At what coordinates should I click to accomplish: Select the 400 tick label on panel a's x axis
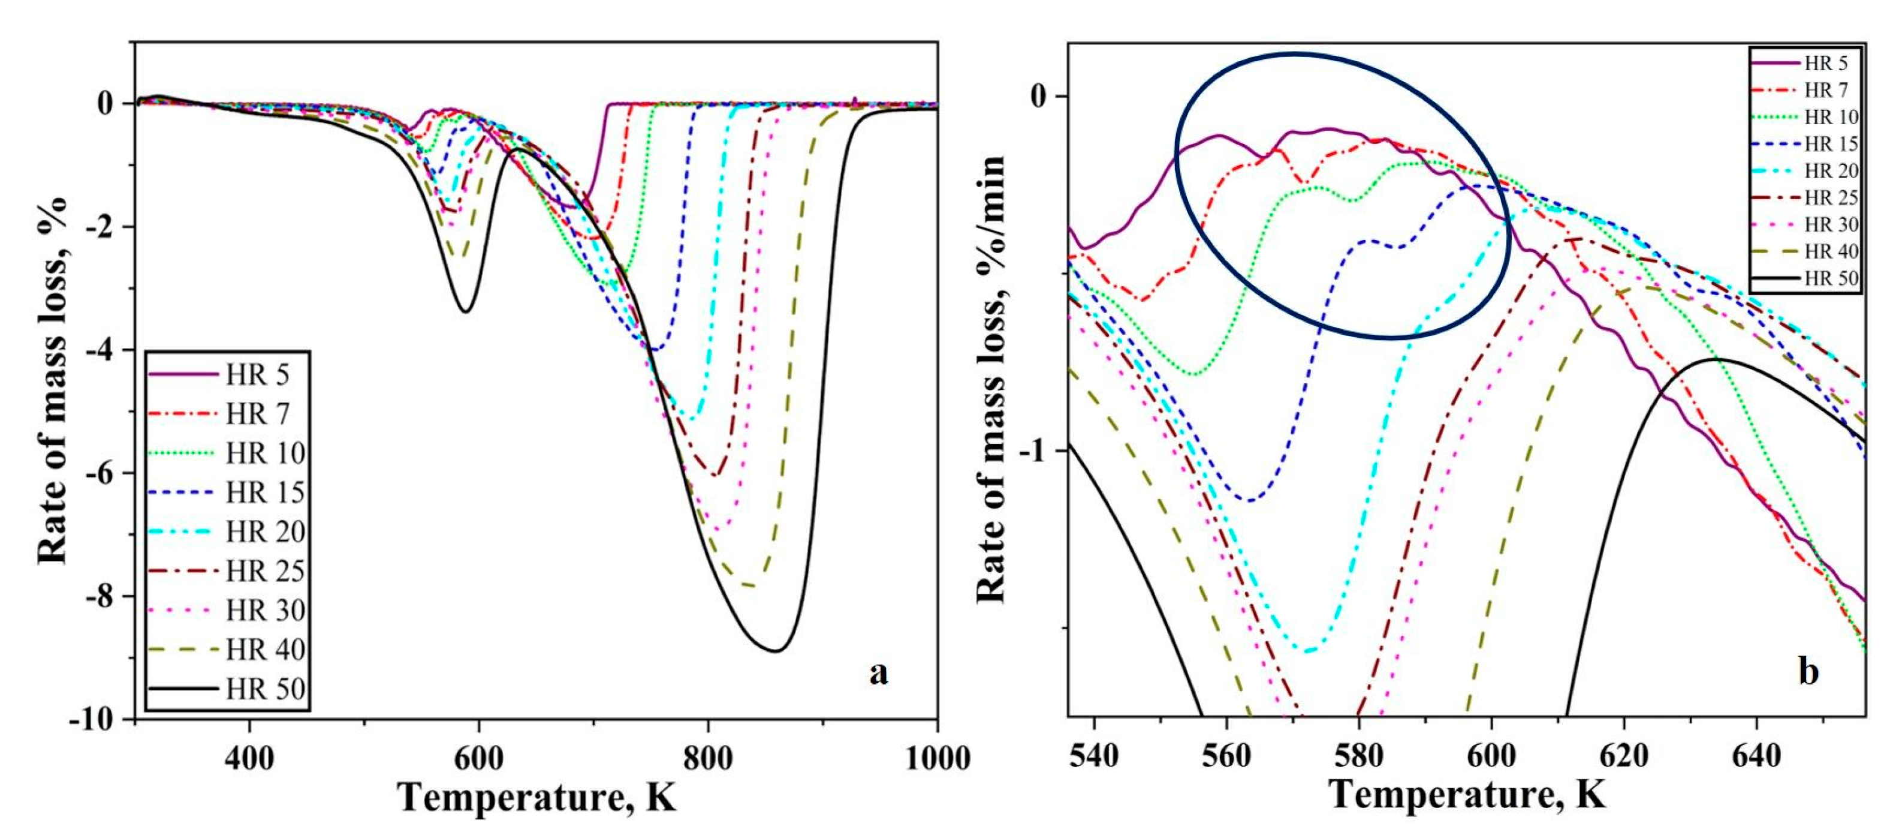(250, 758)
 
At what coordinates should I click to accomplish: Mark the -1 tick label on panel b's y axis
(1037, 450)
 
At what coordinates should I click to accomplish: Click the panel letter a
(878, 672)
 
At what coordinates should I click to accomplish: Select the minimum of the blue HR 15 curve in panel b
(1250, 501)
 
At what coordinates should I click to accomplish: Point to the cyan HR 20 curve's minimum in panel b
(1308, 651)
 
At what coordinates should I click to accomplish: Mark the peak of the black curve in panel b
(1717, 359)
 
